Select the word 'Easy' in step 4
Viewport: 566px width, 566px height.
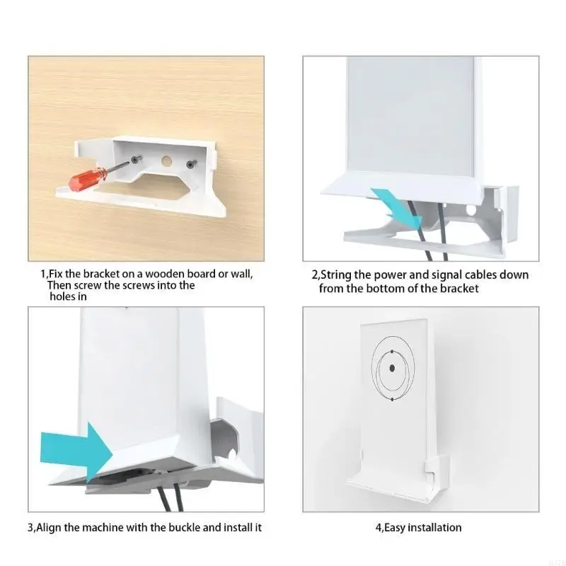click(x=395, y=527)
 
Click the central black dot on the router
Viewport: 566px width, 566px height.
click(x=391, y=368)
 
